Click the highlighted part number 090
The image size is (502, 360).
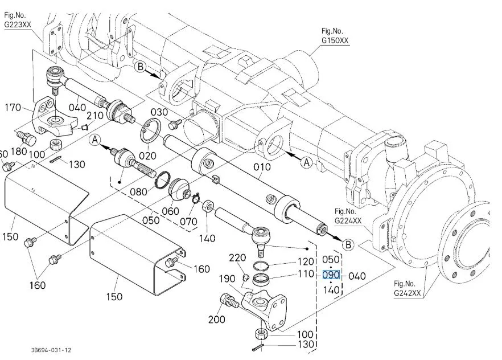pos(331,275)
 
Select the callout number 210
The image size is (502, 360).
pos(96,116)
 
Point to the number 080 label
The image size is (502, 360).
pos(138,191)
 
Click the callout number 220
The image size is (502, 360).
pos(237,257)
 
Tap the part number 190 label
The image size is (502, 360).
pos(228,279)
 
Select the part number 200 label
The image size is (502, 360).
pos(217,320)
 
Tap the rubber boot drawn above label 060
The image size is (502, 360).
pos(181,189)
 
